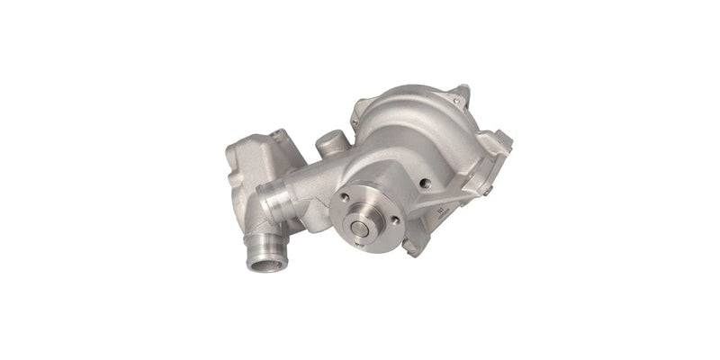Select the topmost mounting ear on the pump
(x=461, y=93)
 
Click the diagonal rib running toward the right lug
(x=468, y=175)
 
